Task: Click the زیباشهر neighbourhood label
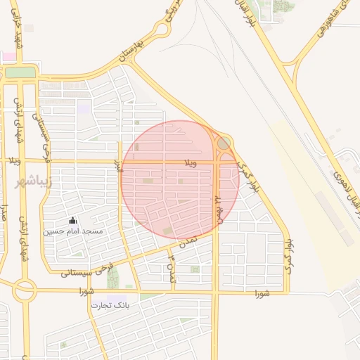(27, 182)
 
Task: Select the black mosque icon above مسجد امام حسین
(72, 220)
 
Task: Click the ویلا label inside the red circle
(191, 163)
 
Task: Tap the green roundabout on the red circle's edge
(224, 143)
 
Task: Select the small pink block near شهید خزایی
(8, 56)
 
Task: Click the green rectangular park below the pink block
(20, 72)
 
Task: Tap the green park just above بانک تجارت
(112, 278)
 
